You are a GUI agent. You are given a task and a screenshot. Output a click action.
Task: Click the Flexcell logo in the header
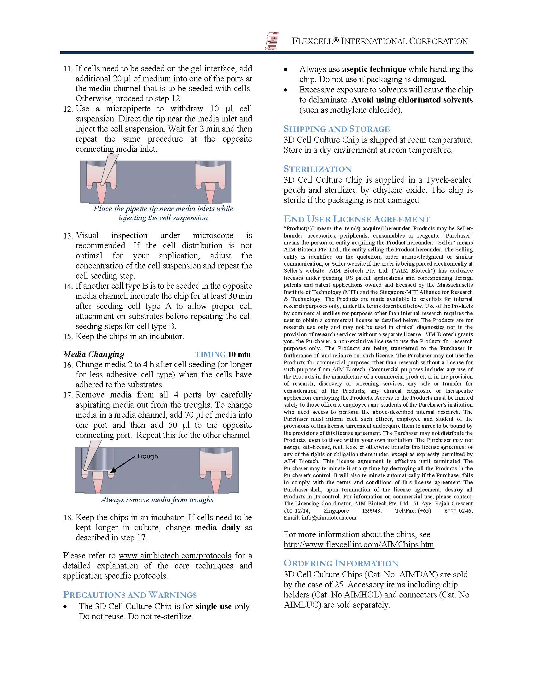click(x=271, y=41)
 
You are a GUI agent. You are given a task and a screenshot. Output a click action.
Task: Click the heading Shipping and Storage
click(x=337, y=129)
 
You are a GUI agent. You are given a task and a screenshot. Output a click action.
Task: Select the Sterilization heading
click(x=318, y=169)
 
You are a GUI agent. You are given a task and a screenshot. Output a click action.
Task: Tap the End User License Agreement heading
click(x=357, y=219)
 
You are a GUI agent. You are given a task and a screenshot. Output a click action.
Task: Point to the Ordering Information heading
click(x=341, y=563)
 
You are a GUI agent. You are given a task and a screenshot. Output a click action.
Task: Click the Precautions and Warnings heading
click(x=130, y=595)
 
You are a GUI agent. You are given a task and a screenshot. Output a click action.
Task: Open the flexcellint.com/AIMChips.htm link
click(x=359, y=544)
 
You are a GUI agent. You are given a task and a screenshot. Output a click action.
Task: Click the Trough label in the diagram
click(x=147, y=456)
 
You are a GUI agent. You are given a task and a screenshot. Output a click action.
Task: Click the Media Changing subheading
click(x=94, y=354)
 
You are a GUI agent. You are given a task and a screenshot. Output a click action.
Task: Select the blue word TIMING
click(x=210, y=354)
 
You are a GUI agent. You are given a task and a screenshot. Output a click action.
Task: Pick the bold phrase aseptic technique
click(x=374, y=69)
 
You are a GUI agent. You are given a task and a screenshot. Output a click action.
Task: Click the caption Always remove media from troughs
click(x=157, y=500)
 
